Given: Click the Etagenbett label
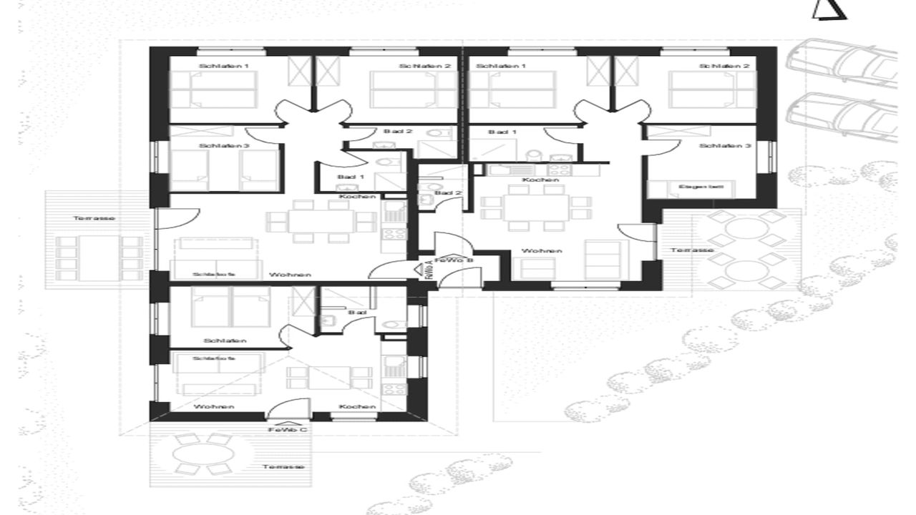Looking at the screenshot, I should (x=706, y=187).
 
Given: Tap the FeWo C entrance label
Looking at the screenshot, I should (x=288, y=430).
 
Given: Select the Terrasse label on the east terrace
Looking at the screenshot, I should (x=691, y=250).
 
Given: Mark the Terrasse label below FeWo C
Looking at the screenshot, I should (x=283, y=466).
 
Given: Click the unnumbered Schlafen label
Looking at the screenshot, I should (x=225, y=340).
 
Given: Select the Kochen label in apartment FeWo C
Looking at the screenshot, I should (x=357, y=406).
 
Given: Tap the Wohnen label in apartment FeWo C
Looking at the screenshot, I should (x=214, y=406).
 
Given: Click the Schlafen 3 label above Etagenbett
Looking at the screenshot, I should (x=725, y=146).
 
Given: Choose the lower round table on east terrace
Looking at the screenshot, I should (x=737, y=273).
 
